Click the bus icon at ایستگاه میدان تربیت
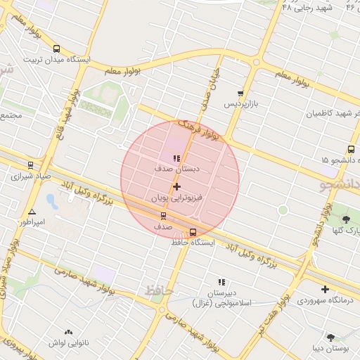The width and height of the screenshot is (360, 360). [56, 49]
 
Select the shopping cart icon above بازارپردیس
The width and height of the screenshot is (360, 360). [241, 93]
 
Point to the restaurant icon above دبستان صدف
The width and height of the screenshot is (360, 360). [176, 158]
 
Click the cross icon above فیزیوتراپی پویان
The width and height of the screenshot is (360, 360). [176, 187]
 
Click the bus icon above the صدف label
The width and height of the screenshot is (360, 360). [164, 216]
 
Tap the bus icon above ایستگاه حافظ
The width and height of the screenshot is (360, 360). [193, 232]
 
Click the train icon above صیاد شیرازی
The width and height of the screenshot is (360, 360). [30, 165]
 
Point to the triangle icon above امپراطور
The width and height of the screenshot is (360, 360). [32, 211]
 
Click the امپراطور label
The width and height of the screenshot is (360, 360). [31, 222]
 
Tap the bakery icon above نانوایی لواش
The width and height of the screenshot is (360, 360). [68, 332]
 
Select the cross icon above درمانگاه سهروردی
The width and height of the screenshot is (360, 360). [325, 289]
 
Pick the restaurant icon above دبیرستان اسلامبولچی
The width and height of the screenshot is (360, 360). [221, 282]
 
